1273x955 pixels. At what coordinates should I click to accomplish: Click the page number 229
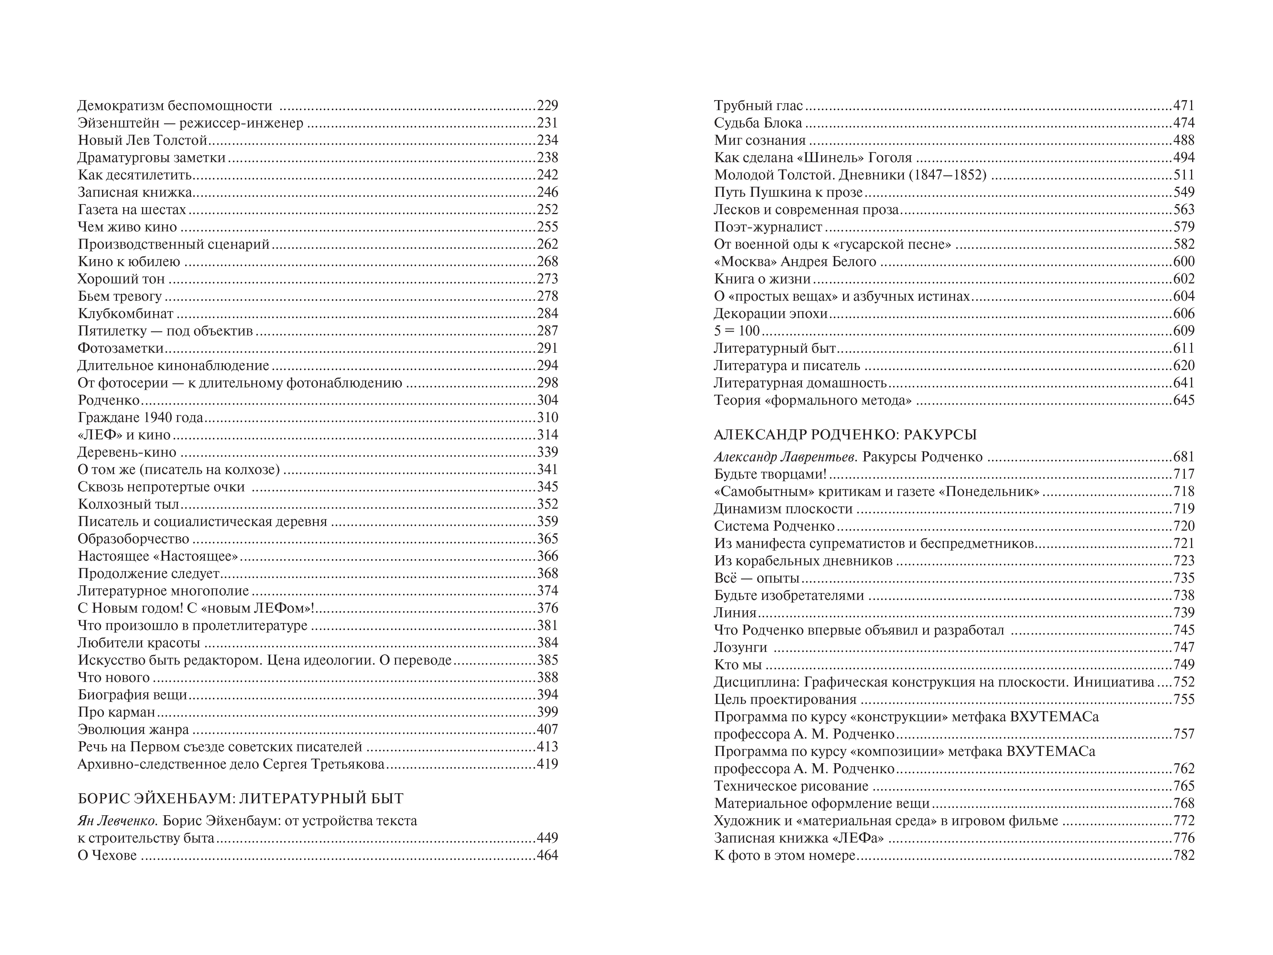pos(547,106)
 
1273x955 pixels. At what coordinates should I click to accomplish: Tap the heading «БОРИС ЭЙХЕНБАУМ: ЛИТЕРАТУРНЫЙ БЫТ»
pos(241,798)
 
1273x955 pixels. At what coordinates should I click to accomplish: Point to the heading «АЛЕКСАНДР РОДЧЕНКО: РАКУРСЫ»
pos(845,435)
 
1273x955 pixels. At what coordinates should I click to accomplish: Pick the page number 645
pos(1184,400)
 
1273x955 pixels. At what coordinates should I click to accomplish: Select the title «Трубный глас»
pos(758,106)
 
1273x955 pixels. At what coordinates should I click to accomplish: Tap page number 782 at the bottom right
pos(1184,855)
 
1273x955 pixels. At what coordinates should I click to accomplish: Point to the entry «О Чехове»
pos(107,855)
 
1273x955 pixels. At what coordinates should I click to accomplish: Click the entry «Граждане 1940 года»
pos(141,417)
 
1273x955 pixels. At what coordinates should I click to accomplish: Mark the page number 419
pos(547,764)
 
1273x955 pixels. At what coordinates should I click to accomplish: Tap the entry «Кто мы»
pos(738,665)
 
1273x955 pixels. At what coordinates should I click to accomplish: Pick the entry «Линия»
pos(735,613)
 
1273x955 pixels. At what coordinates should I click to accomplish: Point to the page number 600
pos(1184,262)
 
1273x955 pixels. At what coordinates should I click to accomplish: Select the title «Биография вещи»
pos(132,695)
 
